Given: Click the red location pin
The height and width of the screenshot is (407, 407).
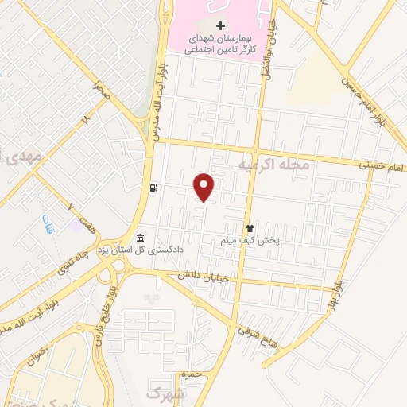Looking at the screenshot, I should click(x=204, y=187).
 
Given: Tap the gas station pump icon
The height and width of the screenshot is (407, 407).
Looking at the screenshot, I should click(x=152, y=188).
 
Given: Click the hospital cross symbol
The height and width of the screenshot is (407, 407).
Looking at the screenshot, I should click(x=220, y=26).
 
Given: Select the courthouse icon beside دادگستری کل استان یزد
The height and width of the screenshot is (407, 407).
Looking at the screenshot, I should click(x=141, y=238).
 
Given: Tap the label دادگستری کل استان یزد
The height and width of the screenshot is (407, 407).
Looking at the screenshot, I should click(x=184, y=249).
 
